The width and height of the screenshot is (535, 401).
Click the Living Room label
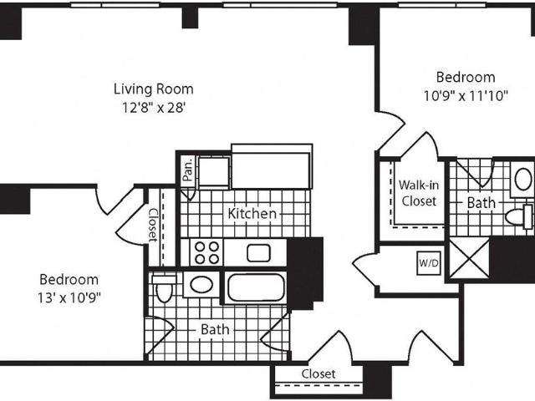click(x=154, y=89)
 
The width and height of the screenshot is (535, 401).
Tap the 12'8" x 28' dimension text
click(x=154, y=108)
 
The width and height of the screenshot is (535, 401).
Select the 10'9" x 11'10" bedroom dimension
click(x=466, y=96)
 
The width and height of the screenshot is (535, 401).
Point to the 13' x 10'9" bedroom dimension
click(x=69, y=298)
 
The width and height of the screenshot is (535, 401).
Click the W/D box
click(x=429, y=263)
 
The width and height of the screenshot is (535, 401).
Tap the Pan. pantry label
click(x=187, y=170)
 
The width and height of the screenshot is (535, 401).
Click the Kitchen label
click(x=252, y=214)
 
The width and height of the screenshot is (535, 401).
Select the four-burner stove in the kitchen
click(x=207, y=252)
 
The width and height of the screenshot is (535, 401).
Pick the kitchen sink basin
click(x=258, y=253)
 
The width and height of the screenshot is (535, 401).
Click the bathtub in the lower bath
click(x=256, y=287)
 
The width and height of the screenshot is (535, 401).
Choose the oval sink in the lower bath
click(x=201, y=284)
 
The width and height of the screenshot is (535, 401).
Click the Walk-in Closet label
click(x=419, y=193)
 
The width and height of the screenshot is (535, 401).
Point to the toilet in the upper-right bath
click(x=519, y=216)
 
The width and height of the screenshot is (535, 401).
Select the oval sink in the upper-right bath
click(x=523, y=180)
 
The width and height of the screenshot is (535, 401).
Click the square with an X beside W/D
click(x=470, y=258)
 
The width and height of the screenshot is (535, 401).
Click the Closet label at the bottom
click(x=318, y=374)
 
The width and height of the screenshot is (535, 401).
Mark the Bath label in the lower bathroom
click(x=215, y=329)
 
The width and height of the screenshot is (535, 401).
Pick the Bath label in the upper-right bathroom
click(x=481, y=203)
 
